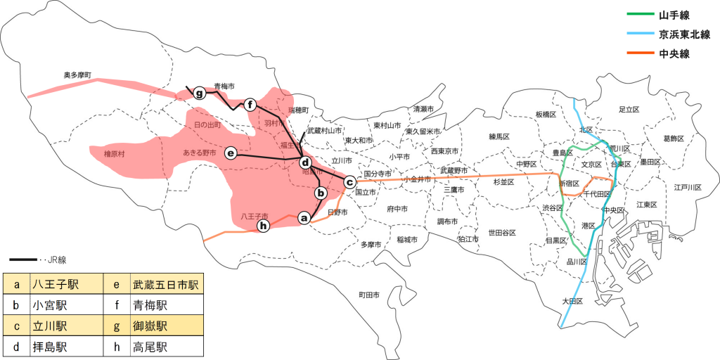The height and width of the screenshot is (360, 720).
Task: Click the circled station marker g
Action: [200, 93]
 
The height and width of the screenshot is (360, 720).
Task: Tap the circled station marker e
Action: [230, 152]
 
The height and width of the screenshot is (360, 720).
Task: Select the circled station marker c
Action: [349, 181]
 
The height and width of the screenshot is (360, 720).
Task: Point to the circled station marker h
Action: [264, 225]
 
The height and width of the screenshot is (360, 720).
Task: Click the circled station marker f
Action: [250, 105]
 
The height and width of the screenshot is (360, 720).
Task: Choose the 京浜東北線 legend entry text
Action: [684, 34]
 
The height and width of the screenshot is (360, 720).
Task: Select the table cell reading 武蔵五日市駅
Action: [166, 285]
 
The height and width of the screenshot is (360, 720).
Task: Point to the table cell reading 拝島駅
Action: [49, 347]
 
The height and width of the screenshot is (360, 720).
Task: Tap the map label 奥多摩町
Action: [78, 75]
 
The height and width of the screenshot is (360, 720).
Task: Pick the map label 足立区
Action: [629, 110]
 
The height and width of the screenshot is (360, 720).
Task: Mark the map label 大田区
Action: [573, 301]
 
